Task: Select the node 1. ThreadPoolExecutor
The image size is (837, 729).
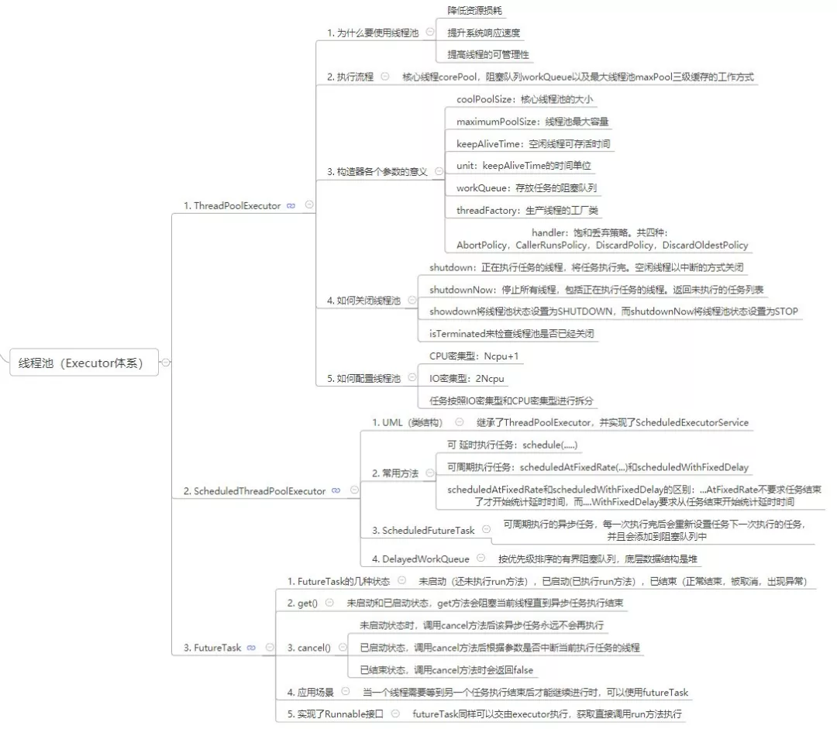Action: (232, 205)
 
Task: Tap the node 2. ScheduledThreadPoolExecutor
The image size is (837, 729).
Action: (254, 490)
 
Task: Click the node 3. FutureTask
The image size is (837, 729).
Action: (212, 648)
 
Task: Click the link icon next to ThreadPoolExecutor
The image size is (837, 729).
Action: (291, 205)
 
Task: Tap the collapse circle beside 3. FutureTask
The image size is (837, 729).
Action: (269, 648)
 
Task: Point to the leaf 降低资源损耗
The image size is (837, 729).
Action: (474, 11)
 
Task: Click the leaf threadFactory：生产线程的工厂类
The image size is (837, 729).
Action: (527, 210)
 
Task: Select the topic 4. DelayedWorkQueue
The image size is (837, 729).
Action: (421, 559)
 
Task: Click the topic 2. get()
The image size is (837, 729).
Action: (302, 603)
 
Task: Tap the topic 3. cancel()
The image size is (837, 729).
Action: (308, 648)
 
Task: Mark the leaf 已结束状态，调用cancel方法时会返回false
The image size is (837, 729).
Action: (446, 670)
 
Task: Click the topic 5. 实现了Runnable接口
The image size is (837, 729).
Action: (336, 714)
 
